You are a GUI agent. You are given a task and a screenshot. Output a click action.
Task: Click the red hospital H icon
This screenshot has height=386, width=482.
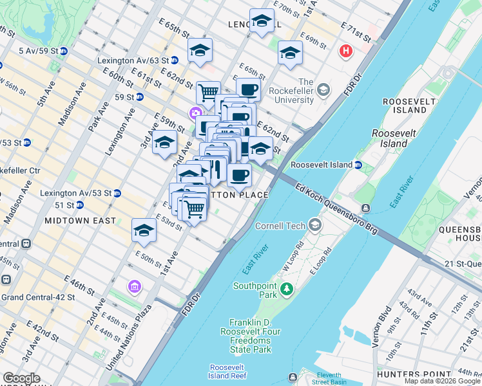tap(347, 51)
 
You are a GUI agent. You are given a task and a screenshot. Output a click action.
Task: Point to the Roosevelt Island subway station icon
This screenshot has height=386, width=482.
tap(358, 165)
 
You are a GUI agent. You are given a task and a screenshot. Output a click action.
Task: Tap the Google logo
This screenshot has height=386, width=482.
tap(22, 378)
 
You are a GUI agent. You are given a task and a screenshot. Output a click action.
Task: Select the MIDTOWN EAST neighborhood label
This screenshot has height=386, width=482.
tap(81, 221)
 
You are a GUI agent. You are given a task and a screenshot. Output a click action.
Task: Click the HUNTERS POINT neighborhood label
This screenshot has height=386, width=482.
tap(448, 374)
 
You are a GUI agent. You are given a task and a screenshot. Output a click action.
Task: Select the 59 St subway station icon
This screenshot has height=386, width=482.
tap(140, 97)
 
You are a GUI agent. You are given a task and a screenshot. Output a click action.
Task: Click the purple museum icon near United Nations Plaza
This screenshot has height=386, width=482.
tap(134, 286)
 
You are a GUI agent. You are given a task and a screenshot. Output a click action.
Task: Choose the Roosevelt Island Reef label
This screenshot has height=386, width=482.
tap(228, 372)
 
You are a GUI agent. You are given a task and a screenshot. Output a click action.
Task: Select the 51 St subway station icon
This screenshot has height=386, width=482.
tap(80, 205)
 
